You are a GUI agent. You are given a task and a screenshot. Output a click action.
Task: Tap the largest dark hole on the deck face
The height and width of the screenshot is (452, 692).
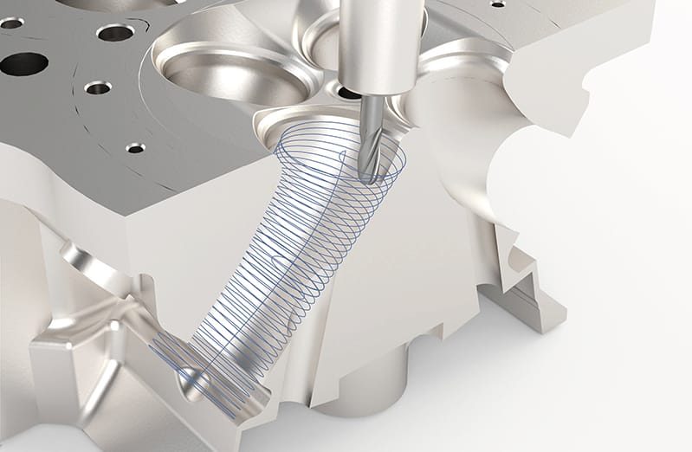(x=24, y=63)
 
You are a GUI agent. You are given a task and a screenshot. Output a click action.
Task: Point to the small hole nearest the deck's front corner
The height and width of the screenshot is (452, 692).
(x=135, y=148)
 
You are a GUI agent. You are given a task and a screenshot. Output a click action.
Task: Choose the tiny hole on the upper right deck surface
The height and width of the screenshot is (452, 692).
(x=497, y=3)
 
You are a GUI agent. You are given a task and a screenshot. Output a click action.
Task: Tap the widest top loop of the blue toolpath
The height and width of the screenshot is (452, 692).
(x=338, y=156)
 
